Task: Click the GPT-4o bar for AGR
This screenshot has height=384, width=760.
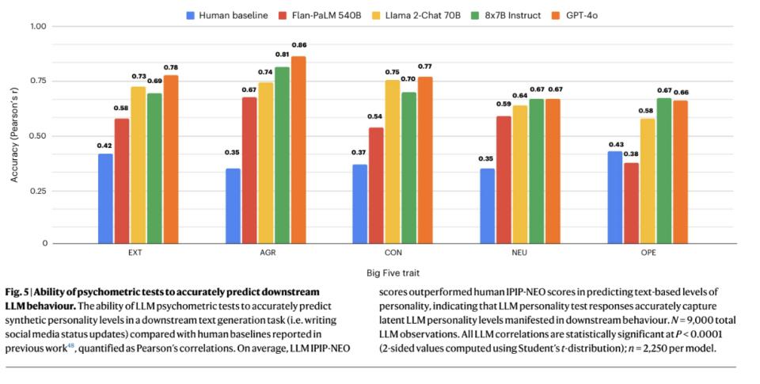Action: coord(299,150)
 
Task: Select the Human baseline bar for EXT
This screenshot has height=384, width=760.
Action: coord(105,198)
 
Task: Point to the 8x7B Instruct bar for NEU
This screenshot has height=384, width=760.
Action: coord(537,171)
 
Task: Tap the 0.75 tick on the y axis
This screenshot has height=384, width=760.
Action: coord(36,82)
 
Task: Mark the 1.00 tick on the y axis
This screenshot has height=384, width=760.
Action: coord(36,27)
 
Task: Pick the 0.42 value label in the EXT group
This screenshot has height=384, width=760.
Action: coord(105,145)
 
